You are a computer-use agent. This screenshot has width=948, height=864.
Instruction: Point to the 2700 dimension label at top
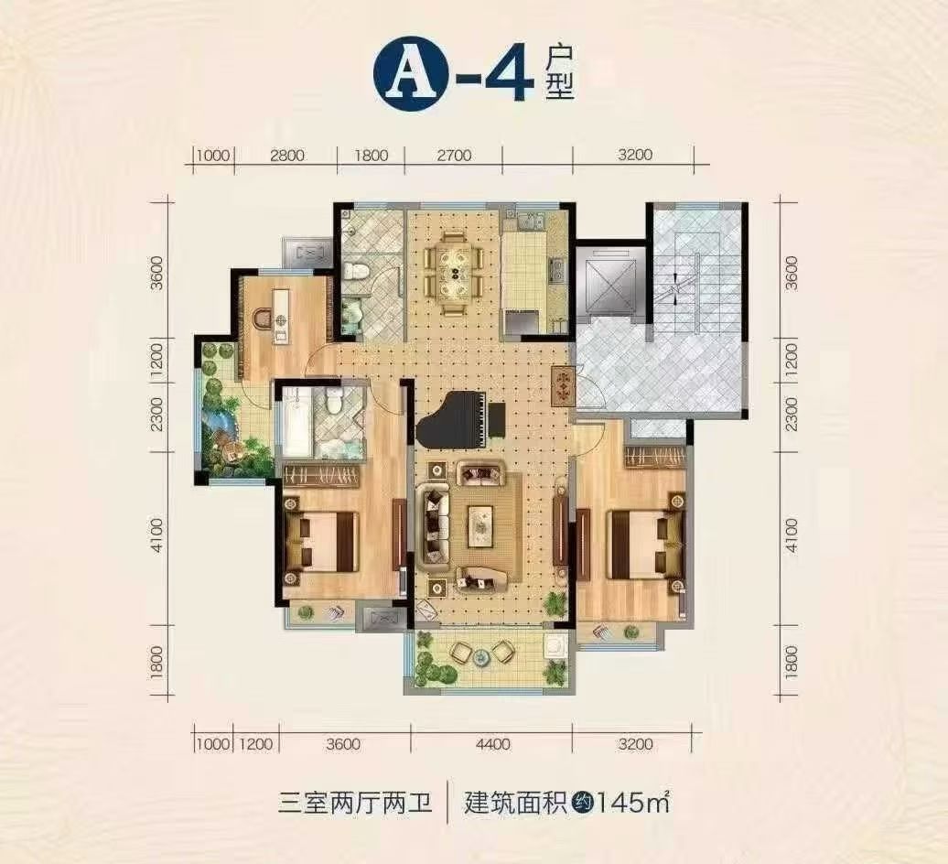coord(453,156)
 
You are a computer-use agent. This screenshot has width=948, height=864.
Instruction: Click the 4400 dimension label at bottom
coord(492,744)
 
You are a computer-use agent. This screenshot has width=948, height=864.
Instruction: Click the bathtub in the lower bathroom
coord(296,422)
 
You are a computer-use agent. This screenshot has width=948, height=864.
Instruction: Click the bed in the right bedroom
coord(643,544)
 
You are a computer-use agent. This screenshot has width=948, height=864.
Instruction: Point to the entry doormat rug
coord(563,387)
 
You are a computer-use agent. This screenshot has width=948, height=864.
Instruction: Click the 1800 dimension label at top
coord(371,156)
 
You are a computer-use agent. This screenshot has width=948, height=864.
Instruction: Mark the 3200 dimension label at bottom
coord(636,744)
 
